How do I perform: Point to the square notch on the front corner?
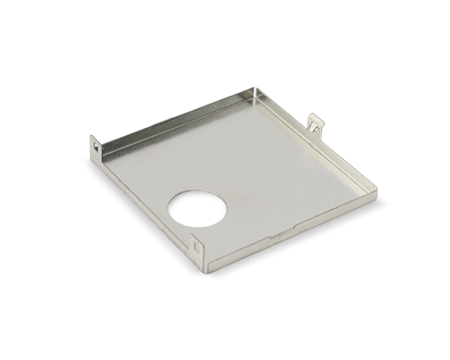click(197, 242)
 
